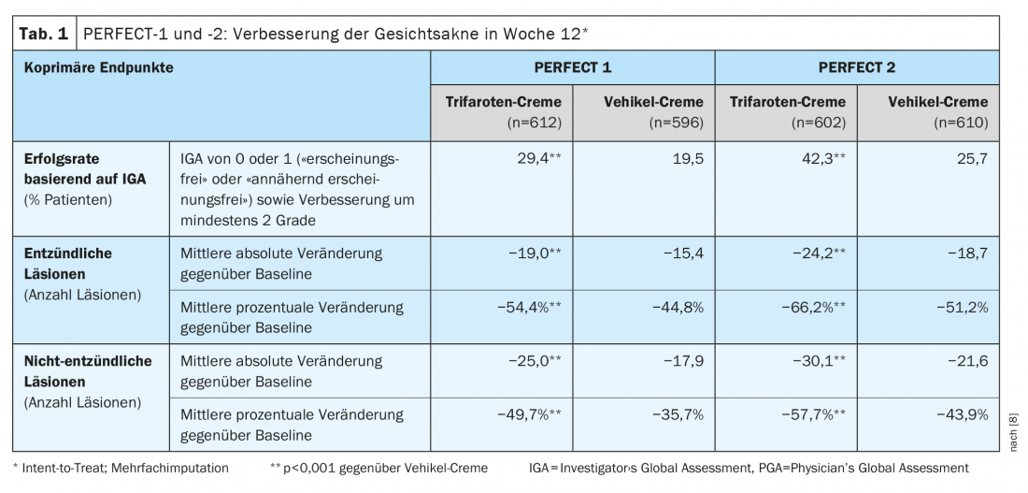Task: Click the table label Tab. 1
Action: pyautogui.click(x=43, y=35)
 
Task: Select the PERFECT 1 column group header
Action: pyautogui.click(x=572, y=67)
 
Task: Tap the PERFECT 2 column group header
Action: pyautogui.click(x=857, y=67)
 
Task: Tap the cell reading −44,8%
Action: pyautogui.click(x=675, y=307)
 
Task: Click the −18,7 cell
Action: pyautogui.click(x=965, y=253)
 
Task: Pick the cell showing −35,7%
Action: pyautogui.click(x=675, y=414)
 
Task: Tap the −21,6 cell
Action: pyautogui.click(x=965, y=361)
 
